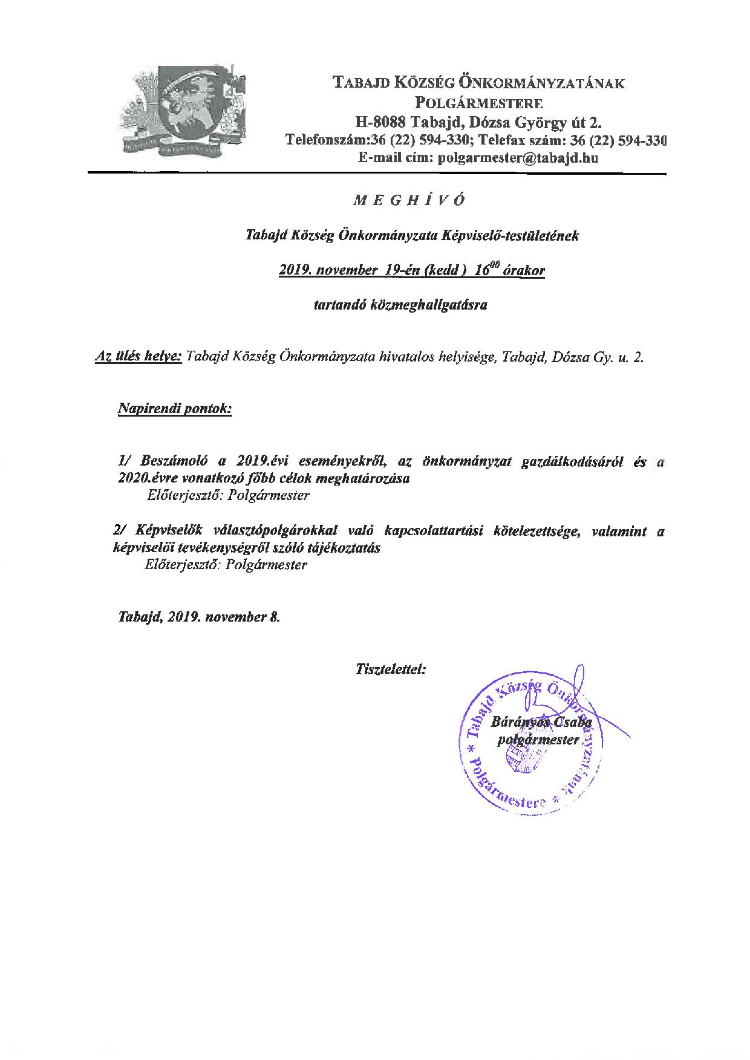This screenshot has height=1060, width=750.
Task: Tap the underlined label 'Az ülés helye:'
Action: tap(138, 357)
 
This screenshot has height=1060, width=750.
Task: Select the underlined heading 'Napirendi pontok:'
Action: tap(175, 409)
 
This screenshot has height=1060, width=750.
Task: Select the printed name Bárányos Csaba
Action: tap(541, 722)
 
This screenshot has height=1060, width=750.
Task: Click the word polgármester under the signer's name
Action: tap(538, 739)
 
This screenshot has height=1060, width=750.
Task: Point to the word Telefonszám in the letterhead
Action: tap(324, 141)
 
